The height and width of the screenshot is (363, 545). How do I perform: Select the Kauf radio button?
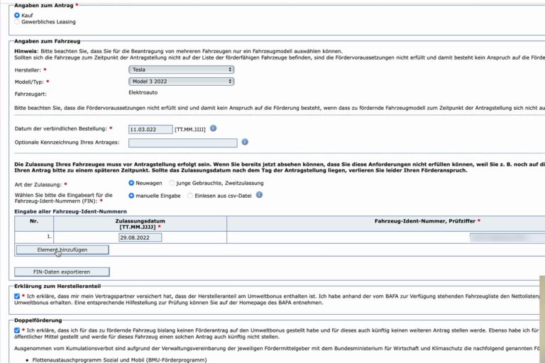coord(17,15)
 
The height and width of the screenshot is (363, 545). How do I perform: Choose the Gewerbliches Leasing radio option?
coord(17,22)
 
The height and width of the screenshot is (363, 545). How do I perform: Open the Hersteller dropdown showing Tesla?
coord(181,69)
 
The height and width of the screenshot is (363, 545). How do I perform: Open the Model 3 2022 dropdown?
coord(181,82)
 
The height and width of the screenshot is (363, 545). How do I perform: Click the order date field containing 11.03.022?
coord(150,129)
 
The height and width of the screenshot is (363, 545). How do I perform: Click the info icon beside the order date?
coord(213,128)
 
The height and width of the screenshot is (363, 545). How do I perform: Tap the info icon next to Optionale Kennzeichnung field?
coord(245,142)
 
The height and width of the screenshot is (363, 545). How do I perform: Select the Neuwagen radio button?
coord(131,183)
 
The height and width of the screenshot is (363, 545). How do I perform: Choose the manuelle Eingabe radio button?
coord(131,195)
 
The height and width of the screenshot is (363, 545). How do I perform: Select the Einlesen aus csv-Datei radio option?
coord(189,195)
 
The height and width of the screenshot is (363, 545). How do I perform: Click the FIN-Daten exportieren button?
coord(62,272)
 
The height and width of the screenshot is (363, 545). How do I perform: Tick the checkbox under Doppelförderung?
coord(17,330)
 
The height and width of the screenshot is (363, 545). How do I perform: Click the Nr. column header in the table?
coord(34,221)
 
